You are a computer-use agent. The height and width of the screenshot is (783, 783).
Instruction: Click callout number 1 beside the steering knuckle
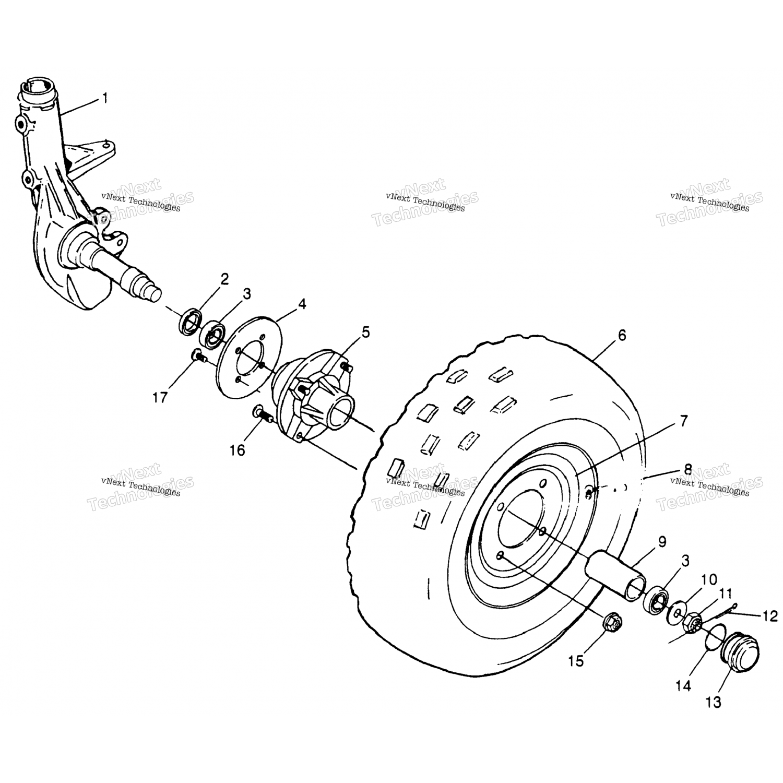[105, 98]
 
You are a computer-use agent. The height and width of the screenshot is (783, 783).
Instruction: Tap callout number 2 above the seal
[224, 279]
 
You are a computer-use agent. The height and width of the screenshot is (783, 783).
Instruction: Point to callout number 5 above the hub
[365, 332]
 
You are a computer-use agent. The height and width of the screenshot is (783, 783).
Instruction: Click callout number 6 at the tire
[621, 335]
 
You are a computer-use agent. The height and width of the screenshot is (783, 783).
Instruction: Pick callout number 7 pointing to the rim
[684, 421]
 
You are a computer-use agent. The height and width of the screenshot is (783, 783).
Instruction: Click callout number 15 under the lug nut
[576, 661]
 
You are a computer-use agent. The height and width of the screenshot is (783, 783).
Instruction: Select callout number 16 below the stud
[238, 449]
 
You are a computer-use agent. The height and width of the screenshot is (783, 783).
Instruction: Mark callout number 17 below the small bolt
[160, 397]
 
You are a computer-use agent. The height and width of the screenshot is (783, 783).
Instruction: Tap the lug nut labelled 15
[611, 622]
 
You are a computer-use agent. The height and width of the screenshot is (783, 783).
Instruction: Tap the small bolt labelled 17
[197, 356]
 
